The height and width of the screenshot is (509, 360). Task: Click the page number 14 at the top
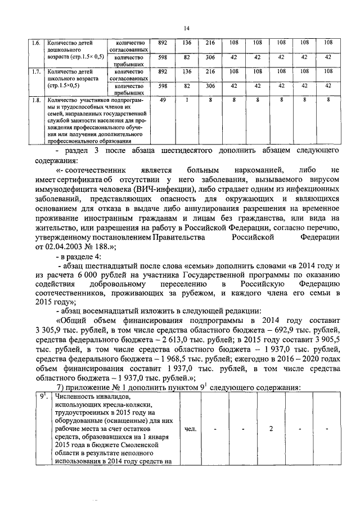(x=186, y=28)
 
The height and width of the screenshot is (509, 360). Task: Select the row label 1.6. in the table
(x=35, y=42)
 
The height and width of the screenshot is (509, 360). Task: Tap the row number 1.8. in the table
(x=35, y=100)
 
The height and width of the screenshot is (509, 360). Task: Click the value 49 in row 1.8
(x=163, y=100)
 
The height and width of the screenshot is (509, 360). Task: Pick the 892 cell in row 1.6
(x=163, y=42)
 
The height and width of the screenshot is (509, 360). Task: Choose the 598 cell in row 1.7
(x=163, y=86)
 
